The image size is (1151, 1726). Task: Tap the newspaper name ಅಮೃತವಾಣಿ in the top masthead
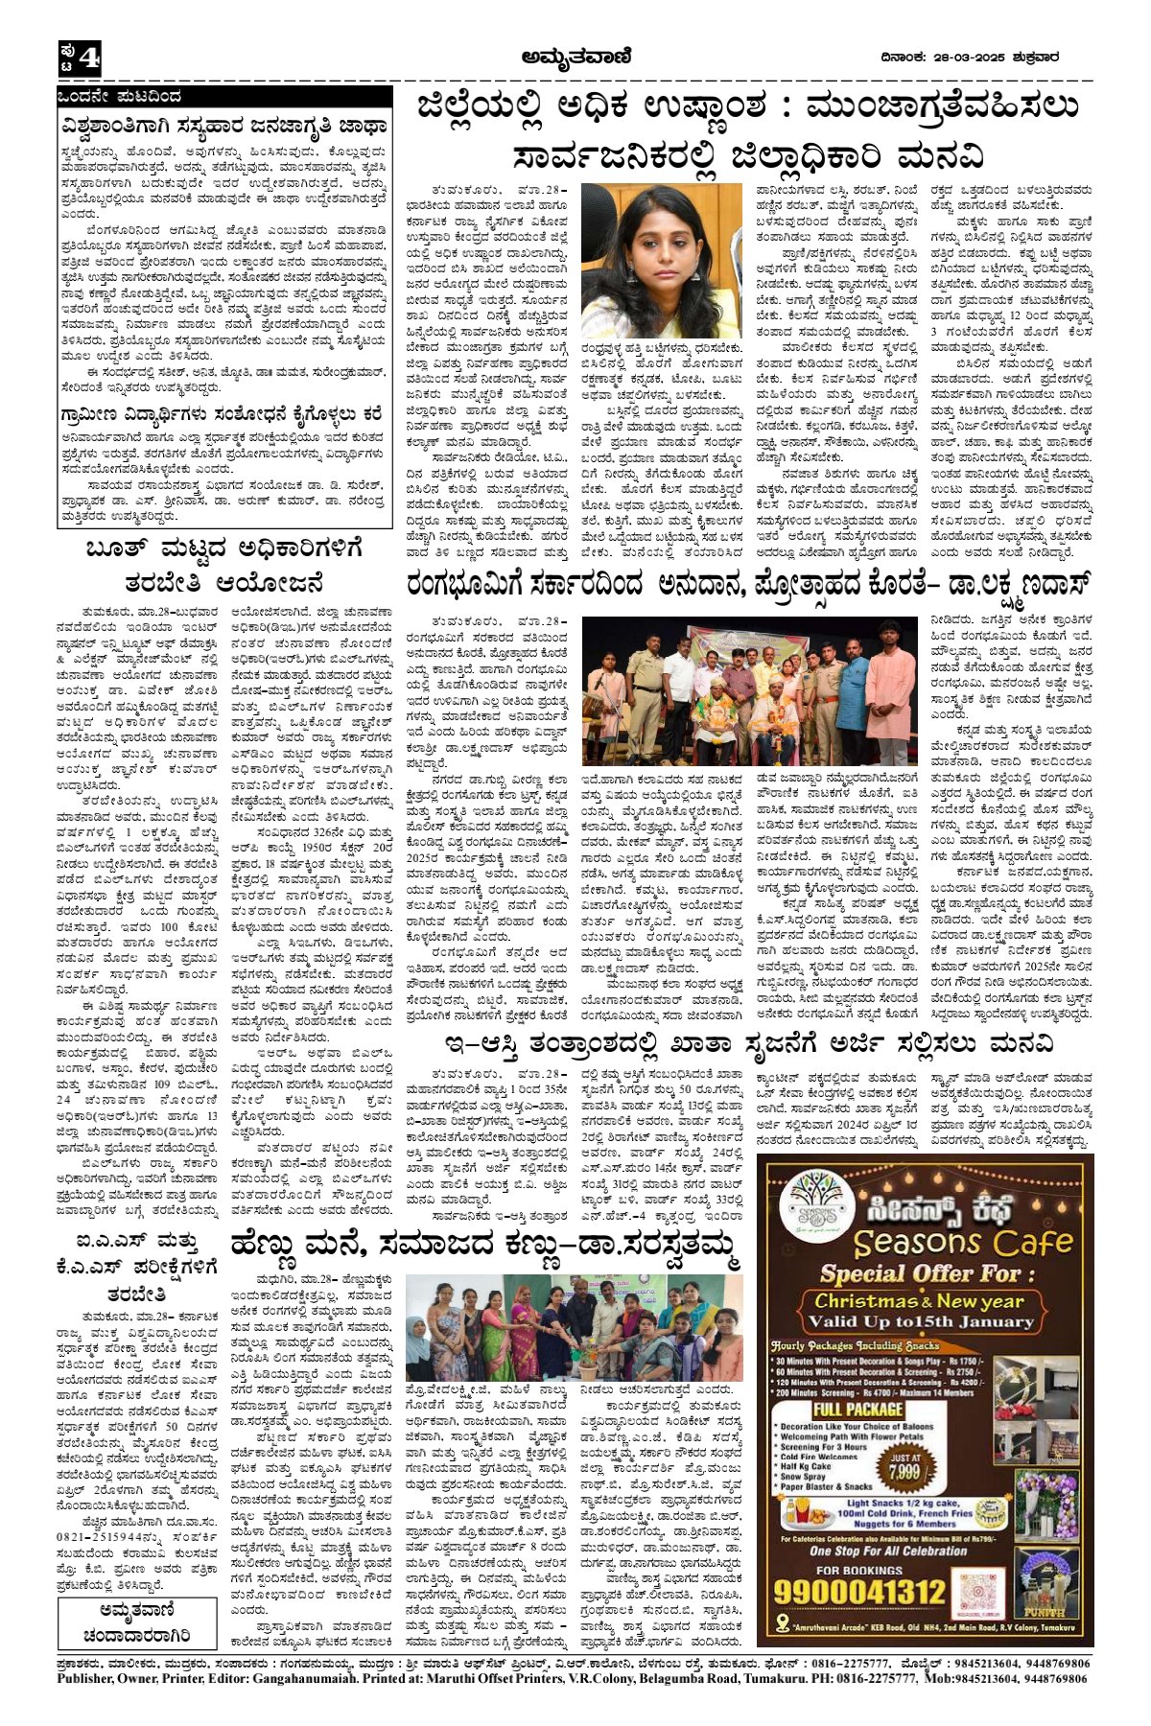(573, 57)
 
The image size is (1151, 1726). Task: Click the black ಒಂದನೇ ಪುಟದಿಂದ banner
(223, 97)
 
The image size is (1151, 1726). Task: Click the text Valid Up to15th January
(927, 1321)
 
